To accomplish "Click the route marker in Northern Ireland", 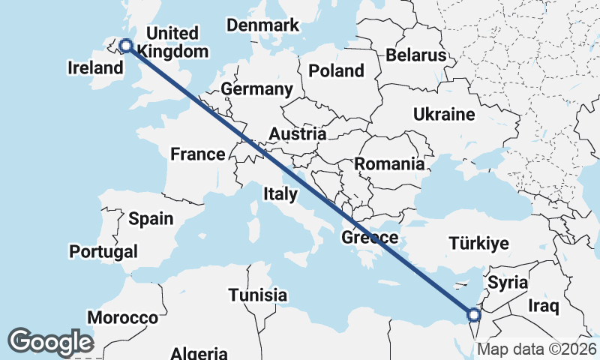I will click(125, 46).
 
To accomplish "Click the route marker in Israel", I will click(473, 314).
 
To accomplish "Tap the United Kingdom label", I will click(173, 43).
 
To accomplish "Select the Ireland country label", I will click(95, 68).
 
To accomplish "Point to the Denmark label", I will click(263, 25).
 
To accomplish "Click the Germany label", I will click(256, 89).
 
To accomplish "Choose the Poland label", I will click(336, 71).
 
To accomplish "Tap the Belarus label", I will click(416, 55).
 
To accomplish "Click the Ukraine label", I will click(444, 115).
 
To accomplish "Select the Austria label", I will click(298, 134).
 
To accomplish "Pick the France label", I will click(198, 154).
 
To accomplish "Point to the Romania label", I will click(389, 163).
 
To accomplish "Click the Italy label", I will click(280, 194).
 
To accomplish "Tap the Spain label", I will click(151, 219).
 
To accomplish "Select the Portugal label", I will click(103, 251).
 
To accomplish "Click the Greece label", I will click(370, 238).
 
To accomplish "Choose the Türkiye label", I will click(479, 243).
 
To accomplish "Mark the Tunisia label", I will click(258, 294).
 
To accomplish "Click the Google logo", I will click(50, 342).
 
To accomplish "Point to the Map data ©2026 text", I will click(536, 349).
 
